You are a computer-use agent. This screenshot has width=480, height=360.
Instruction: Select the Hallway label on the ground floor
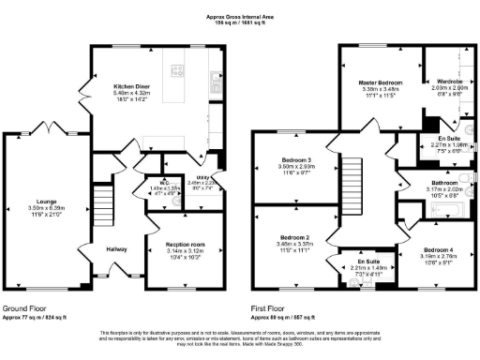tap(116, 248)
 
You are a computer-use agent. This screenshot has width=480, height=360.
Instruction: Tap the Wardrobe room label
tap(439, 81)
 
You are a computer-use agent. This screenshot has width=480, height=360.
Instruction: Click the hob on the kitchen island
tap(177, 67)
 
